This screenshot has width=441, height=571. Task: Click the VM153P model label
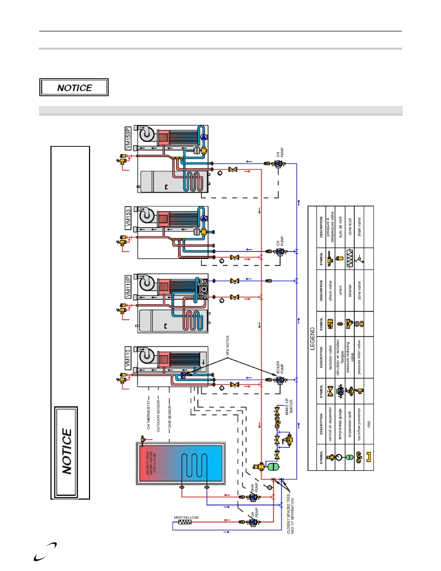(128, 138)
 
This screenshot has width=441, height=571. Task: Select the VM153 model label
(128, 219)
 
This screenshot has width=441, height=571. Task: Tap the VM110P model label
(128, 287)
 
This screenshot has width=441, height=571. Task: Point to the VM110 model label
(128, 358)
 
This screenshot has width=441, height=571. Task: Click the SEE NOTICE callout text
(228, 345)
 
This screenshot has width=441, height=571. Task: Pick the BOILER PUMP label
(280, 367)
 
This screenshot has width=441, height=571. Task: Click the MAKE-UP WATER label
(289, 406)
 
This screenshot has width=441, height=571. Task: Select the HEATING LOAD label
(186, 517)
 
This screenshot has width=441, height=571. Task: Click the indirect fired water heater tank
(181, 464)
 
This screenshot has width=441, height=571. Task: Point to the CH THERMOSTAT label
(148, 415)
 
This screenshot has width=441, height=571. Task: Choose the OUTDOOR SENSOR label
(159, 416)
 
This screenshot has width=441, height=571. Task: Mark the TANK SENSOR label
(169, 417)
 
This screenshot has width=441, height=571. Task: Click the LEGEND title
(312, 339)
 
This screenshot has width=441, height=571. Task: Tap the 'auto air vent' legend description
(340, 227)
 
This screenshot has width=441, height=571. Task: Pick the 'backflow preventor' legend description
(359, 424)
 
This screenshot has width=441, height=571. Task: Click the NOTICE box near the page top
(74, 88)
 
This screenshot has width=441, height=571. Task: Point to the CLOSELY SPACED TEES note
(290, 514)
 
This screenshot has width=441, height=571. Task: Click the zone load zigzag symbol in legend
(349, 258)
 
